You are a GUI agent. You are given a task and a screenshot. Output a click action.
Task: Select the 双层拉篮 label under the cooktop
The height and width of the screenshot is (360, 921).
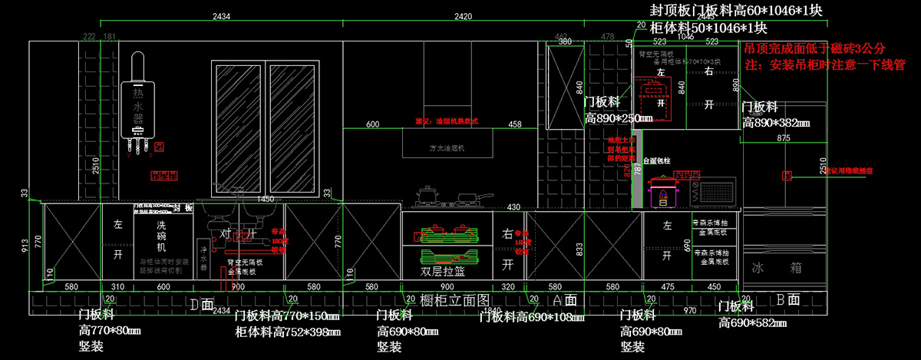pos(443,271)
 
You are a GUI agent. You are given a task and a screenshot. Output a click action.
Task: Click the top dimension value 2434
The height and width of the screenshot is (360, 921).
pos(223,15)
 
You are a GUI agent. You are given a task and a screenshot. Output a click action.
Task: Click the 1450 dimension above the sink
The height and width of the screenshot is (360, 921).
pos(265,199)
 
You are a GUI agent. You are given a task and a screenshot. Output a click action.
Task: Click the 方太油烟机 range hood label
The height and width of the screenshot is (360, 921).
pos(447,147)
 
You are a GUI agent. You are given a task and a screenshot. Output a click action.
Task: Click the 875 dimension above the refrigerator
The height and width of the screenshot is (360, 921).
pos(783,138)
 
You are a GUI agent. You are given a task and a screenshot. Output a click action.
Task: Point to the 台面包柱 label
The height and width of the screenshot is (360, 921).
pos(657,161)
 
